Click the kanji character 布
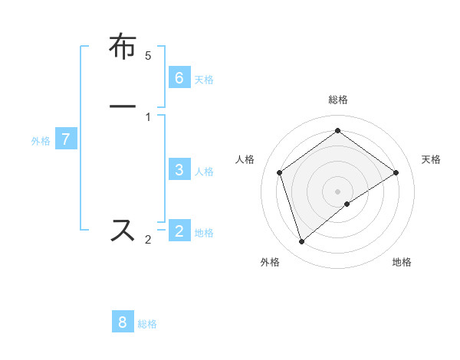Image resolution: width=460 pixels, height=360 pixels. [x=123, y=47]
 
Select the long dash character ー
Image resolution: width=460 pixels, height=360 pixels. [x=123, y=106]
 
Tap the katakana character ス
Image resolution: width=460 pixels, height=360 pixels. [x=123, y=230]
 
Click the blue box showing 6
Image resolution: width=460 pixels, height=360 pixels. [x=179, y=77]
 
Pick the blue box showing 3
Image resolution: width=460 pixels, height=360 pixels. [x=179, y=170]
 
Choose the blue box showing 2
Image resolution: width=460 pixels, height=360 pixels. [x=179, y=231]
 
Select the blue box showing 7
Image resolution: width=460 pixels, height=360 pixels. [x=66, y=139]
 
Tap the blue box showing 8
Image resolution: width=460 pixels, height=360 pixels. [x=123, y=322]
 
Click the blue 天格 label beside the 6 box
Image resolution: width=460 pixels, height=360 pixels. [x=204, y=80]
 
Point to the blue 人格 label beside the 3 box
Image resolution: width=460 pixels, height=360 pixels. [x=204, y=172]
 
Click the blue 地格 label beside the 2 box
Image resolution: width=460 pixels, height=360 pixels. [x=204, y=233]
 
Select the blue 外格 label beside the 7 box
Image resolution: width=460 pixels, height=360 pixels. [x=41, y=141]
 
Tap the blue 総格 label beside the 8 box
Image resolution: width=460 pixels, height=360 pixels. [x=147, y=324]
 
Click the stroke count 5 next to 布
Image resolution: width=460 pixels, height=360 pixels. [x=148, y=56]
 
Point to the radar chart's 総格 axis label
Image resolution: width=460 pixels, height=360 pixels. [x=337, y=100]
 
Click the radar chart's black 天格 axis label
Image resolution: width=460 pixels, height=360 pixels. [x=431, y=159]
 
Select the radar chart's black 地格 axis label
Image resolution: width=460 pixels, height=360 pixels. [x=402, y=263]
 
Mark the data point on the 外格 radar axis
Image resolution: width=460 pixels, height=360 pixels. [x=301, y=242]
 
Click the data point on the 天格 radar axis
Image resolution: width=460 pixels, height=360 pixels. [x=396, y=172]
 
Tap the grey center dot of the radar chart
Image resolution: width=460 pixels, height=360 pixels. [x=337, y=191]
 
